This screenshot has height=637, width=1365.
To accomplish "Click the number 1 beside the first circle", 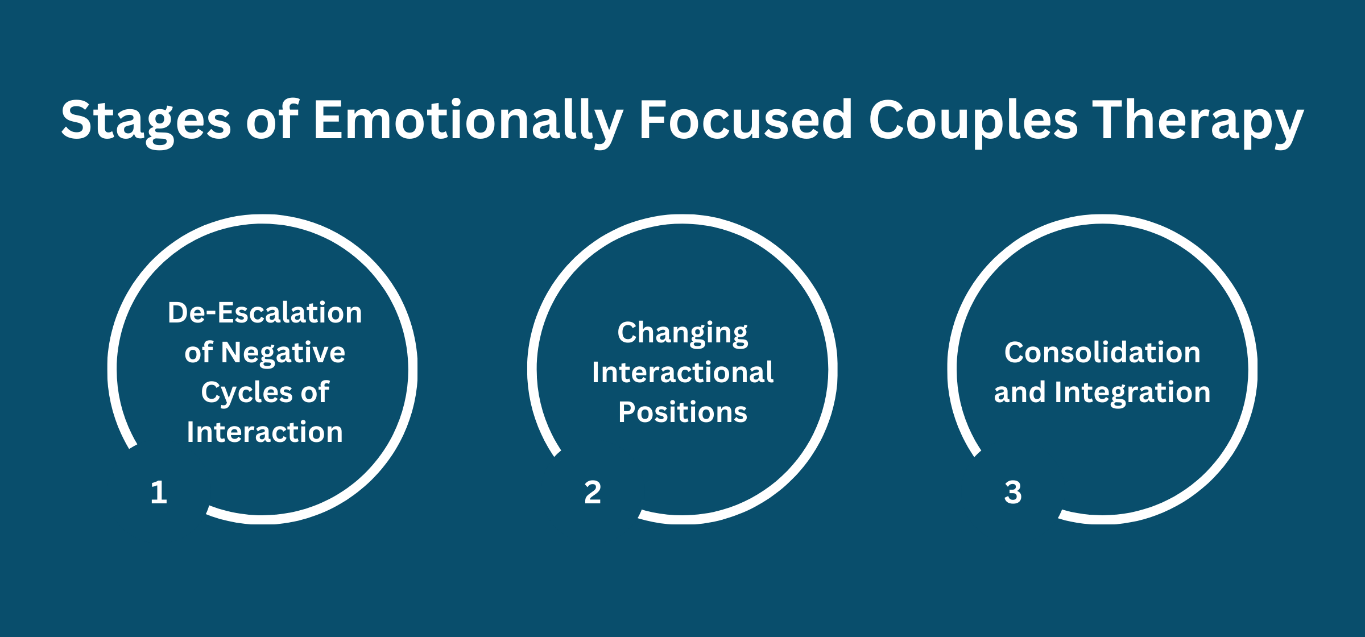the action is [159, 492].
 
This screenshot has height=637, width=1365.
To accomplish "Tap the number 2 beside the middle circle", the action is [593, 492].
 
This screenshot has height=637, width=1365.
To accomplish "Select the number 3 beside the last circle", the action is [1013, 492].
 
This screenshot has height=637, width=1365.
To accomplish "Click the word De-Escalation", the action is [265, 313].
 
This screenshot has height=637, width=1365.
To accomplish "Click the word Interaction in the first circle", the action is [265, 432].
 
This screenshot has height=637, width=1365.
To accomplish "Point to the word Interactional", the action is [682, 373].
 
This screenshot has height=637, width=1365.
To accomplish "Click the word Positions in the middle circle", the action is [682, 412].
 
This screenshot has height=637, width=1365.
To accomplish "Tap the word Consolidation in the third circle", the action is [1102, 353].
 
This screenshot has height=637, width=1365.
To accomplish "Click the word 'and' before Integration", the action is [1020, 392].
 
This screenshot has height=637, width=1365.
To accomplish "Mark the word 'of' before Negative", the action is [198, 353].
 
